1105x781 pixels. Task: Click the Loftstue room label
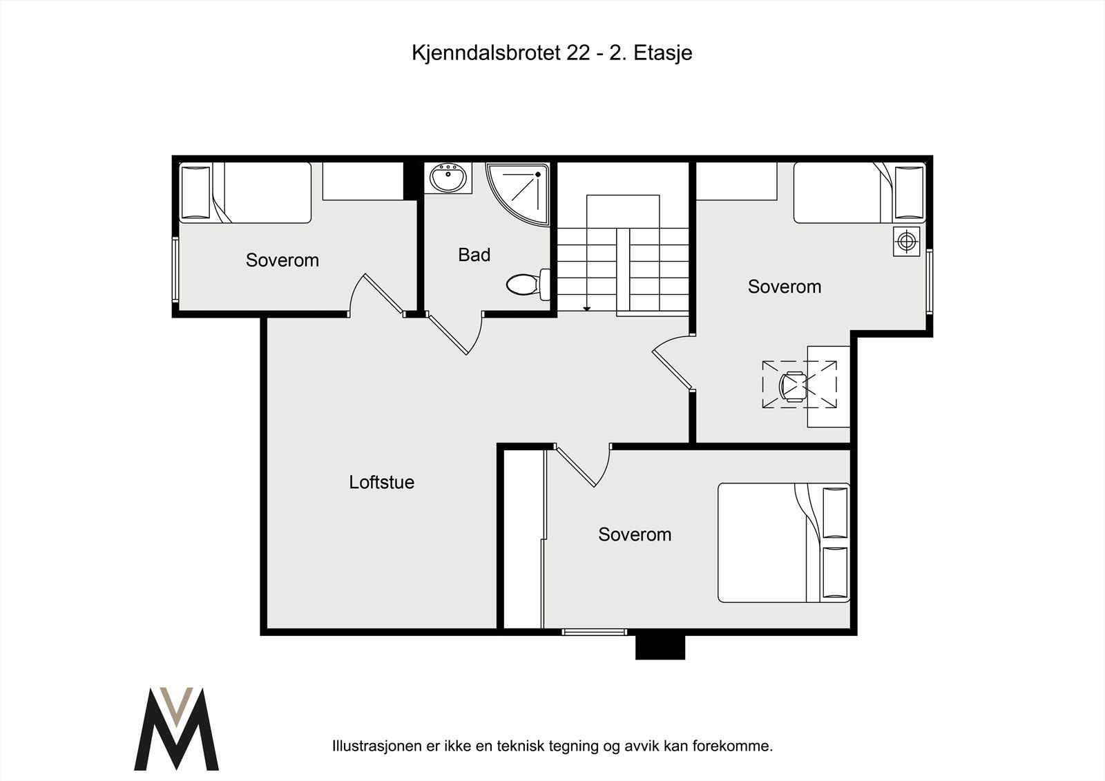381,482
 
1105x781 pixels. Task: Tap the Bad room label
474,255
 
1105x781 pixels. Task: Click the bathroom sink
448,178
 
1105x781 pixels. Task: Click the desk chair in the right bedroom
793,385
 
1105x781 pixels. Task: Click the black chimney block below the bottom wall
660,647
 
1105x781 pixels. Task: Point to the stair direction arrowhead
586,309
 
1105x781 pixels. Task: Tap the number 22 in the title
578,53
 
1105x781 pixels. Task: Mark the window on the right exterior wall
930,281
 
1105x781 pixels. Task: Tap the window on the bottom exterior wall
594,631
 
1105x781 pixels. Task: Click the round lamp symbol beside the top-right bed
906,241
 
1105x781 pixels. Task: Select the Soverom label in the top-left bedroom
282,260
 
